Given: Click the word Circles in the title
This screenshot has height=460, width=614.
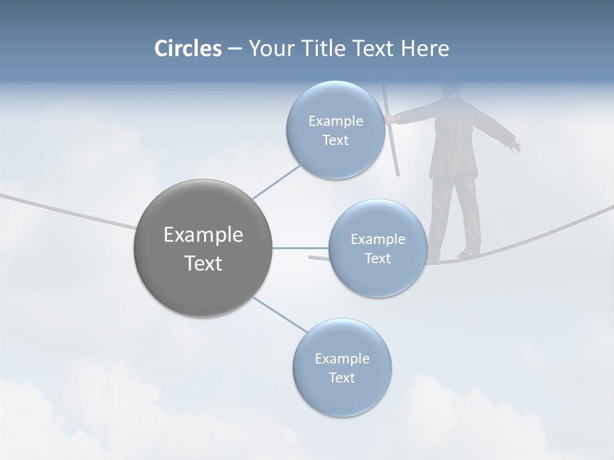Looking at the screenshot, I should click(188, 49).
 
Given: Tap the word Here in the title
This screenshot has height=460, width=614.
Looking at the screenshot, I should click(425, 49).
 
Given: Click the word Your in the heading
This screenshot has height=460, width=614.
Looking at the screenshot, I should click(269, 49).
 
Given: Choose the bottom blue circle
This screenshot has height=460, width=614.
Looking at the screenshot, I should click(342, 396).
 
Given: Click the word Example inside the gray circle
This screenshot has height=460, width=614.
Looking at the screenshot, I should click(203, 235).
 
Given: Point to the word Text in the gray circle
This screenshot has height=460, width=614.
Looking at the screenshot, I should click(203, 263).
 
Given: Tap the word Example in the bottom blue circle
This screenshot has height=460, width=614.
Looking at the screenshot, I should click(342, 358).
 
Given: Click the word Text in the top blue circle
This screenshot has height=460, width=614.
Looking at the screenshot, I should click(335, 141).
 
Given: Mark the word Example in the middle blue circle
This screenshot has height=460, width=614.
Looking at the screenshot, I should click(377, 239).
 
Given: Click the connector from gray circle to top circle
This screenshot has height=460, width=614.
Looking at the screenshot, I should click(276, 182).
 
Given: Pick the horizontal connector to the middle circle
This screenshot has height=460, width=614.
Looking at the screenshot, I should click(301, 248).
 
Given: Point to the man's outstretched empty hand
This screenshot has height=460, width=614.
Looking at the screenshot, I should click(515, 147).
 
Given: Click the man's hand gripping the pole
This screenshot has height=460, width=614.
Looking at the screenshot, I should click(390, 119).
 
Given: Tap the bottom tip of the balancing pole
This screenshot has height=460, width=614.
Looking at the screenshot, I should click(397, 173).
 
